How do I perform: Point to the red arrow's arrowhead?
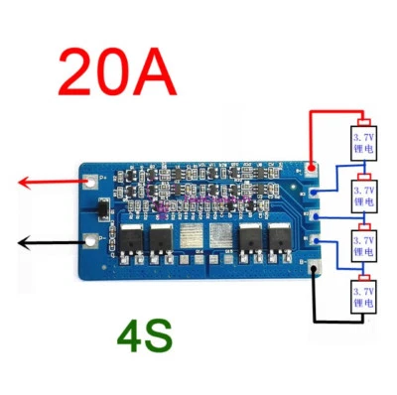click(x=23, y=182)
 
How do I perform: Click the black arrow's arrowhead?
click(x=23, y=242)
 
